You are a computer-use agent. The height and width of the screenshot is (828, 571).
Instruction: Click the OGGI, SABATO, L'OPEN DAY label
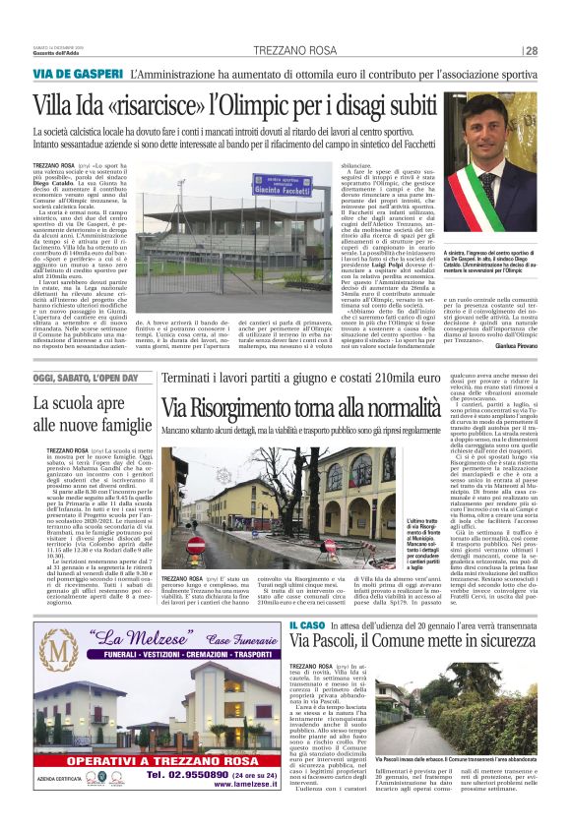tap(85, 379)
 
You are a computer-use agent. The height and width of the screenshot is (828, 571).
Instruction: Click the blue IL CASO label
tap(279, 626)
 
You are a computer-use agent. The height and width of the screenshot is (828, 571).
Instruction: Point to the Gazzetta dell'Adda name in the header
tap(61, 51)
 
